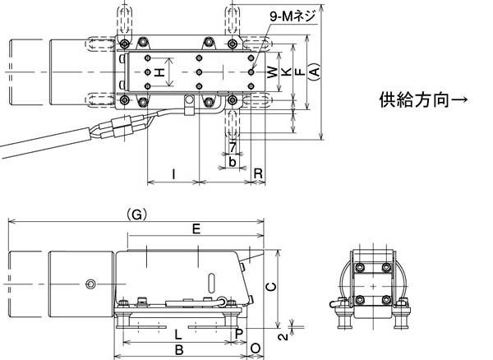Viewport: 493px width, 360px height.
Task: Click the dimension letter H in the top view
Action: [x=160, y=73]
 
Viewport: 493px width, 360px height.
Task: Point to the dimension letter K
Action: [x=286, y=73]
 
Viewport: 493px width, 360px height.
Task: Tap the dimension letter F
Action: [x=299, y=73]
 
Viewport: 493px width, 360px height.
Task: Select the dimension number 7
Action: [x=233, y=146]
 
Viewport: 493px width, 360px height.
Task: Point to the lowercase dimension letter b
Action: [x=233, y=162]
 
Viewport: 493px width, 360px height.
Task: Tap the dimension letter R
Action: [x=258, y=173]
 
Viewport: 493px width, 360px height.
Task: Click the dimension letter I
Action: [x=173, y=173]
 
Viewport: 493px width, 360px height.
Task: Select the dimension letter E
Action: [x=196, y=229]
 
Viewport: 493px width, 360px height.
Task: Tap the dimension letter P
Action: [x=238, y=333]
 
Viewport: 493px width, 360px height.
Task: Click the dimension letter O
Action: [x=256, y=349]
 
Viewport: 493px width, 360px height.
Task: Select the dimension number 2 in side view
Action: [x=281, y=335]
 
